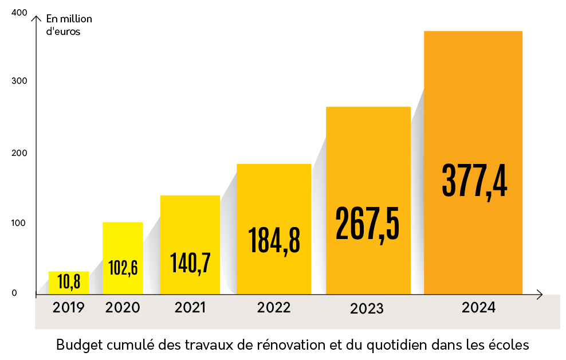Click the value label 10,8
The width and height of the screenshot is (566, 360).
click(69, 281)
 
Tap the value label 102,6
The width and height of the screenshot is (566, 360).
click(123, 268)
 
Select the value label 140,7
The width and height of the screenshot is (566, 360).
click(190, 262)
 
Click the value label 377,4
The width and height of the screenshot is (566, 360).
click(474, 181)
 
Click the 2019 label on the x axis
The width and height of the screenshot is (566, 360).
click(69, 308)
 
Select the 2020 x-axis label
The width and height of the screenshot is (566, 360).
click(123, 308)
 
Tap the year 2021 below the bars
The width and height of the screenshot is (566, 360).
click(190, 308)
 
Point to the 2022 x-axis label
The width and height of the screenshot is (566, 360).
click(274, 308)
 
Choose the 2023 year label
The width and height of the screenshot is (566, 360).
click(367, 309)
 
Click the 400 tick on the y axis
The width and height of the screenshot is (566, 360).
click(19, 13)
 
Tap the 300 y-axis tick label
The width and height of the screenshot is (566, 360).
click(19, 82)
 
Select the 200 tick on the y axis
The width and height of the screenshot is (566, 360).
click(19, 153)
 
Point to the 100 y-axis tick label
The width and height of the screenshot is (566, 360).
click(19, 223)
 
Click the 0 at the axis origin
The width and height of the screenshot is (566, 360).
click(14, 293)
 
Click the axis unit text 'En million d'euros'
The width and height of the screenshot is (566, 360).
click(68, 25)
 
